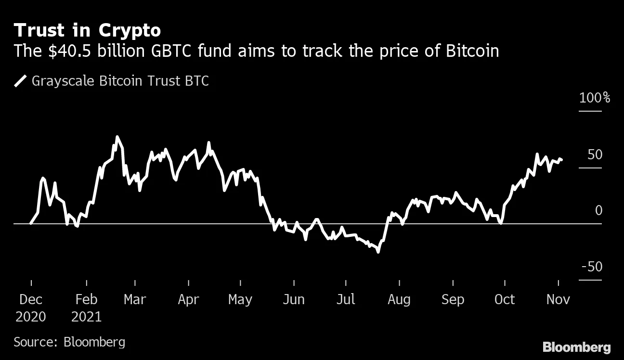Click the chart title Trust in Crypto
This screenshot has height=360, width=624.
87,30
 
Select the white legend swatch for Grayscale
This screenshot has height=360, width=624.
21,81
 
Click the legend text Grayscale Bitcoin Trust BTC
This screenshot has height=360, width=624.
120,81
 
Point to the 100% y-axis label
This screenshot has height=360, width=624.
595,98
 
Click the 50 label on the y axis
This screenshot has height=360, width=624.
595,155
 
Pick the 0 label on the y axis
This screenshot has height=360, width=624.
598,211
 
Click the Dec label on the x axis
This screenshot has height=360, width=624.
31,299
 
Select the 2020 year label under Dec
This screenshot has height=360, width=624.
31,317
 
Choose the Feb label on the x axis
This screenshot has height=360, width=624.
87,299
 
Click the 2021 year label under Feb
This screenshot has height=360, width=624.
87,317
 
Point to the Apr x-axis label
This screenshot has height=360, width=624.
188,299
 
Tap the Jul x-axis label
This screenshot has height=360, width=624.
345,299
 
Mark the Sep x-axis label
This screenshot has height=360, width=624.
453,299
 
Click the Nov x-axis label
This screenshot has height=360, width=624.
558,299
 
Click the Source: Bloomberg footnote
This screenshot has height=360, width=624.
69,342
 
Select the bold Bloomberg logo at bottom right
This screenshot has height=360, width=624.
577,347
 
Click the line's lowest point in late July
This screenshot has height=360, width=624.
378,251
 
